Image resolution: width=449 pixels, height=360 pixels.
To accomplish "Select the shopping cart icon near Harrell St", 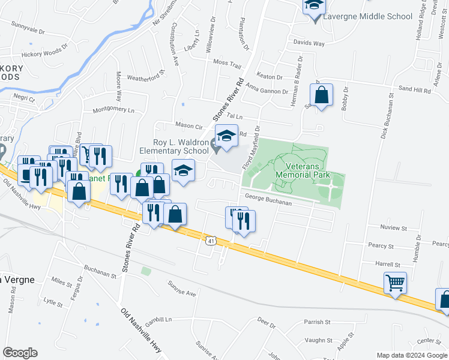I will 396,282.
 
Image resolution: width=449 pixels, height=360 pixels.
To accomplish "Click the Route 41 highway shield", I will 210,241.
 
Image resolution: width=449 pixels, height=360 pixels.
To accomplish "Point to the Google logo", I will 20,352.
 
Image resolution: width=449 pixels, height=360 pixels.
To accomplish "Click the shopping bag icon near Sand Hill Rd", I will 321,95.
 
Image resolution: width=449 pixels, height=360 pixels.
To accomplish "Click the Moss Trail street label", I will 227,62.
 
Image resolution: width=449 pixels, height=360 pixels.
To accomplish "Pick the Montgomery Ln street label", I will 113,110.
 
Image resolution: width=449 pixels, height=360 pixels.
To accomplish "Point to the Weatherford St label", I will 145,77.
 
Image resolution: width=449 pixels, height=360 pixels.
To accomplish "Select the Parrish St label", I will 317,322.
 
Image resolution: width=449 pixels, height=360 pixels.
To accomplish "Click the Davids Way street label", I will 309,43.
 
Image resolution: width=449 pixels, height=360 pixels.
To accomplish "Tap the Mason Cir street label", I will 189,125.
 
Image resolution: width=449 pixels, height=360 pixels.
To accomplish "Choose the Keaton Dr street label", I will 270,77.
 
